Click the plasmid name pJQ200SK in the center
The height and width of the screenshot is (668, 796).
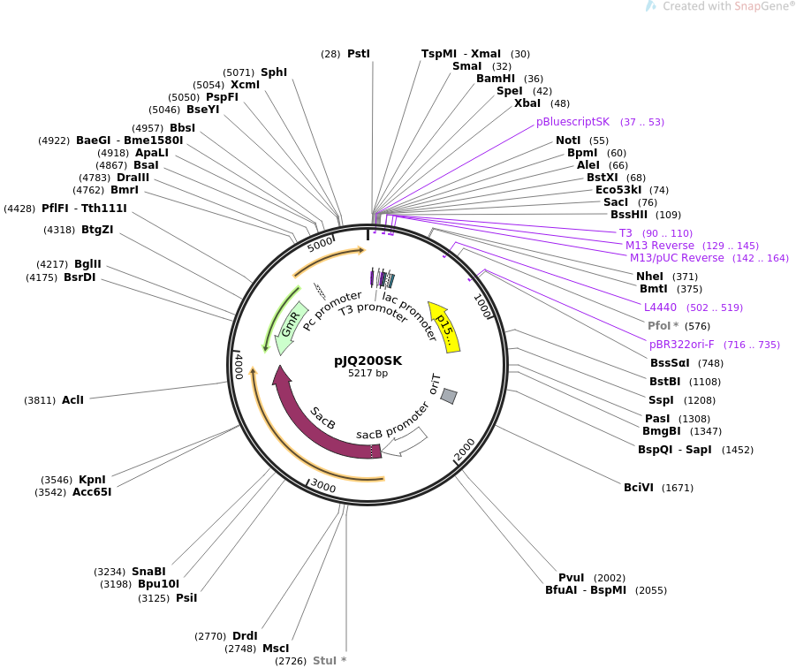368,361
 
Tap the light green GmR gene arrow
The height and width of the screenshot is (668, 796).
291,325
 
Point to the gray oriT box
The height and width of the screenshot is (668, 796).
449,396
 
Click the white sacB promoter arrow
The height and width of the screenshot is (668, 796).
405,441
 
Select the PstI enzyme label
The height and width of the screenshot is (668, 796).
358,54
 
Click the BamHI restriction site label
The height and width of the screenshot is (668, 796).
496,79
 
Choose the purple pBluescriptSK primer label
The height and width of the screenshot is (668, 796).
572,122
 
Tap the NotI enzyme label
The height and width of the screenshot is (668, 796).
569,140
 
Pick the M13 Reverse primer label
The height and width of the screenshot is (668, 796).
660,246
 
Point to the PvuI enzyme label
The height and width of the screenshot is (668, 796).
572,578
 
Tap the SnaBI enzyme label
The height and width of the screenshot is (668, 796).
148,571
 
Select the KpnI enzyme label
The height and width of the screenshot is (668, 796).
92,480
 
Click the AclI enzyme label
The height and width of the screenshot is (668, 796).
72,400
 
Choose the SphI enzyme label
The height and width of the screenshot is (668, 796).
274,72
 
